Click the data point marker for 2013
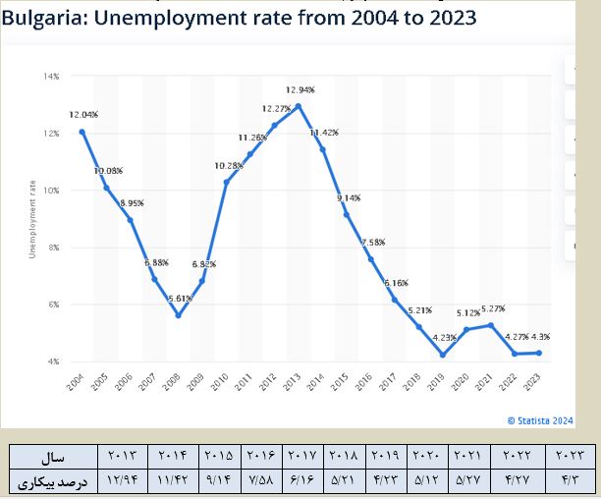coord(298,106)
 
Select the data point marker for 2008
coord(178,315)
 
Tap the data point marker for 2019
coord(442,355)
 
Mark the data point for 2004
coord(82,132)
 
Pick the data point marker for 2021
coord(490,325)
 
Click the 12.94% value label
coord(300,89)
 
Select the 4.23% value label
coord(444,339)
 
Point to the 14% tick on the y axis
coord(52,76)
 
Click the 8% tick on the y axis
coord(54,248)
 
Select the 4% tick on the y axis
coord(54,361)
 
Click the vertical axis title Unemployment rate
coord(32,219)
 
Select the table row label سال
coord(53,457)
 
